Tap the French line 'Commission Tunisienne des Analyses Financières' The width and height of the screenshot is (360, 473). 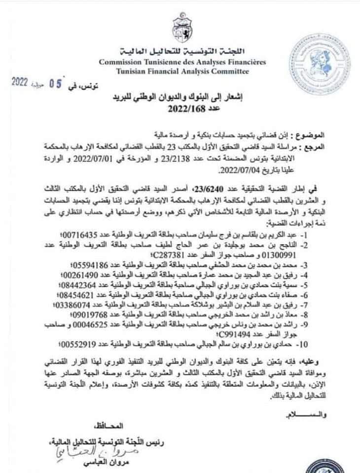[x=182, y=63]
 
